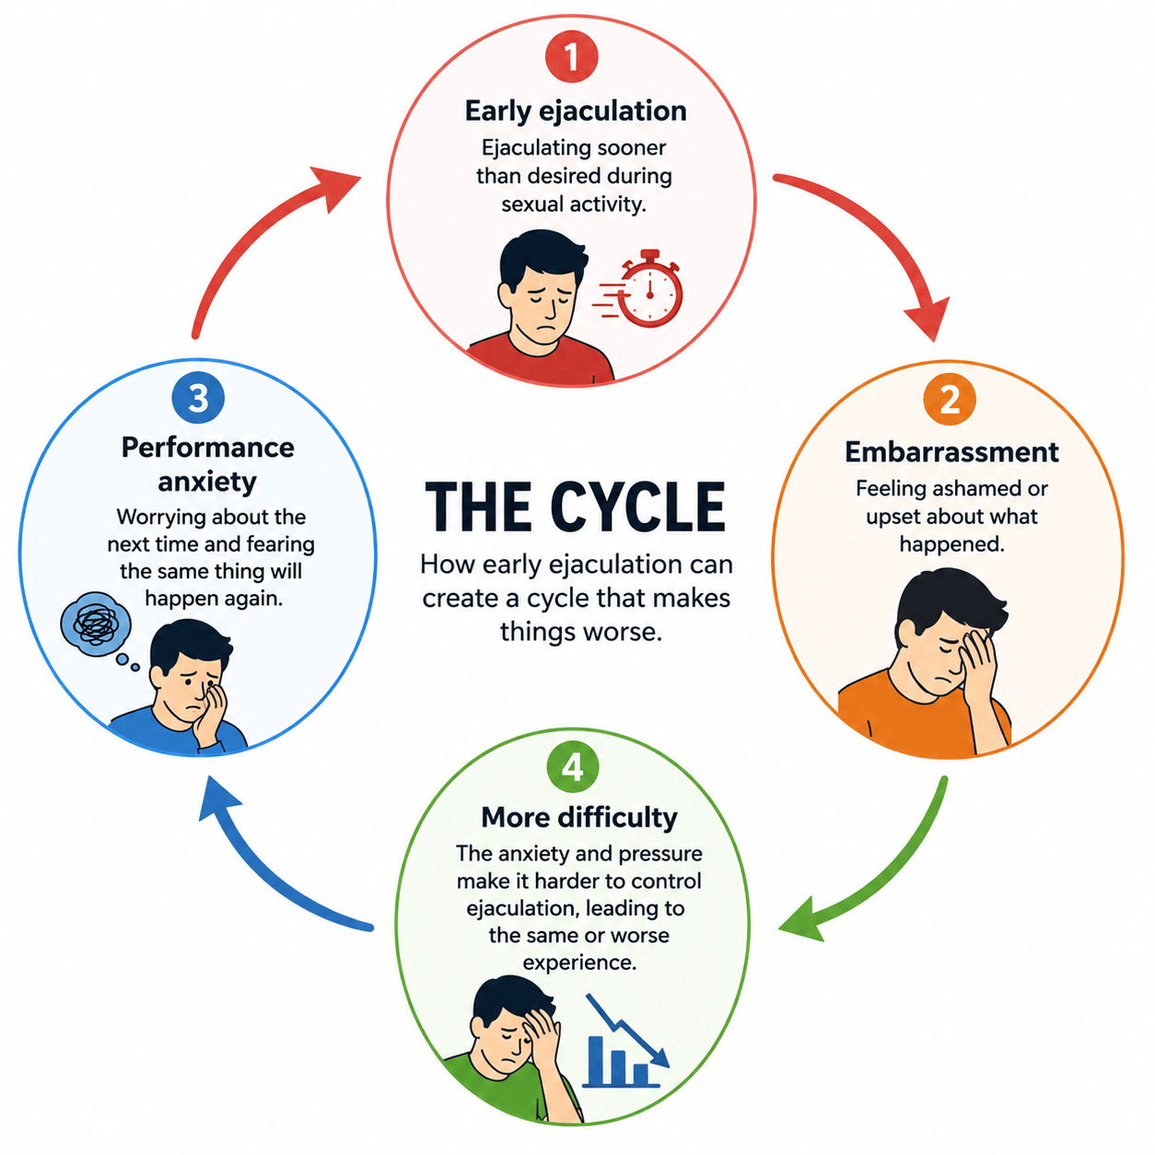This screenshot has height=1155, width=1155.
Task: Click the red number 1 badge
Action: coord(571,56)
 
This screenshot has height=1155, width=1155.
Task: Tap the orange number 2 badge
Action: coord(950,399)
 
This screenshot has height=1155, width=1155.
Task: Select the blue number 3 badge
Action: coord(198,398)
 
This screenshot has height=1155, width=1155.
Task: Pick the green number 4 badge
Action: coord(572,767)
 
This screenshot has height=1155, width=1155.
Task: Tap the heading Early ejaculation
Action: coord(576,111)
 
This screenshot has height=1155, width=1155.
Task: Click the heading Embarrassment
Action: coord(951,452)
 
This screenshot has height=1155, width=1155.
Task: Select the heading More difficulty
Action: coord(579,818)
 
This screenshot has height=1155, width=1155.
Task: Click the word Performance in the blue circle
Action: coord(208,448)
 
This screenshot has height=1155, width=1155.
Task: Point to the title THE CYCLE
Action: coord(576,507)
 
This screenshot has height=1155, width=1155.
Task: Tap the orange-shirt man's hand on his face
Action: coord(978,671)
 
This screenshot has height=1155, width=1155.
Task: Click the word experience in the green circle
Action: coord(579,963)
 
